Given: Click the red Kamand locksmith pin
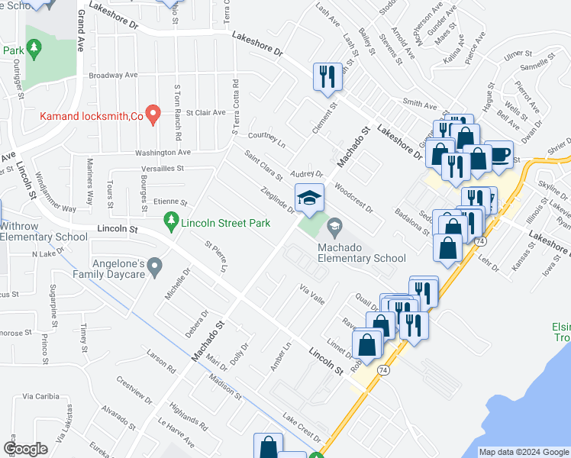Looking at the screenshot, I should [153, 114].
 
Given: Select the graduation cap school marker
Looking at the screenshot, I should [310, 198].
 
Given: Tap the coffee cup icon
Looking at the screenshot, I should [500, 154].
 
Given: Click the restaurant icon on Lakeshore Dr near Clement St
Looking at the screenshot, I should [327, 76].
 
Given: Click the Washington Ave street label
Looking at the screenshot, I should [163, 153].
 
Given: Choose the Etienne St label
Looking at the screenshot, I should [169, 202].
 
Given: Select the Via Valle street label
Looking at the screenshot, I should [312, 294].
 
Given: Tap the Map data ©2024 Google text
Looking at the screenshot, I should [524, 452].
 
